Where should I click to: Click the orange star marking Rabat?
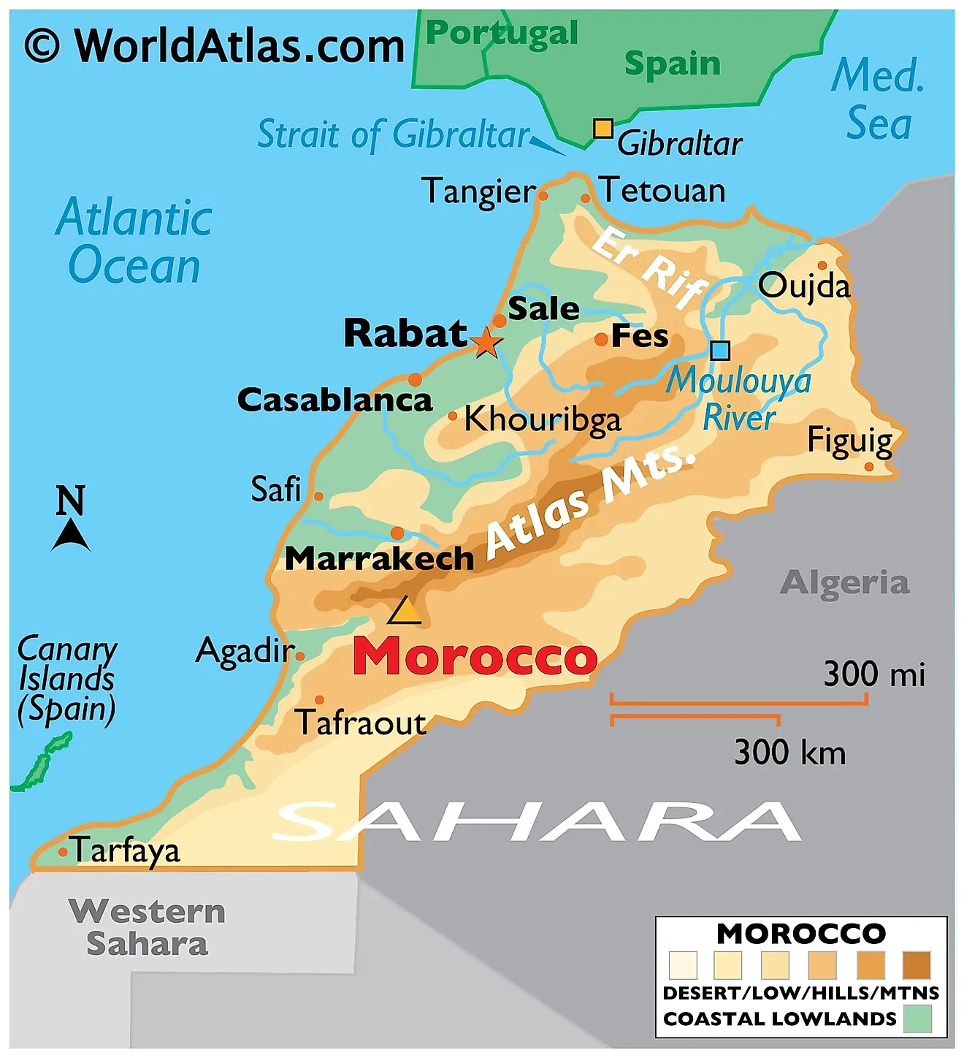[486, 342]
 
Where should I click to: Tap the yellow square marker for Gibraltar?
[602, 129]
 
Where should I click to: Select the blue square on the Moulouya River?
[720, 351]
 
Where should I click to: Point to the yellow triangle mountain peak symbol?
[405, 611]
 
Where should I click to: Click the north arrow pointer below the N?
[71, 536]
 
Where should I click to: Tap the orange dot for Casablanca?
[415, 380]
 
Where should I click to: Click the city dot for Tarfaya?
[64, 852]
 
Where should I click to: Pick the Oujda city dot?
[822, 265]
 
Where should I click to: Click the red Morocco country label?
[475, 656]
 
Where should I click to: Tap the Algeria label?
[844, 583]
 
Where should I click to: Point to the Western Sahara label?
[147, 927]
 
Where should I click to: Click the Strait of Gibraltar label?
[393, 135]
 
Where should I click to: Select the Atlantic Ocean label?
[134, 241]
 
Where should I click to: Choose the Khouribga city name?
[543, 420]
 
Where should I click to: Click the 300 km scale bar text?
[789, 753]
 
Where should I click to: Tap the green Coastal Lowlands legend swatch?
[917, 1019]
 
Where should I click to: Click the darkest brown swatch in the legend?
[917, 964]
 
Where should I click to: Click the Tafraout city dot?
[319, 700]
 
